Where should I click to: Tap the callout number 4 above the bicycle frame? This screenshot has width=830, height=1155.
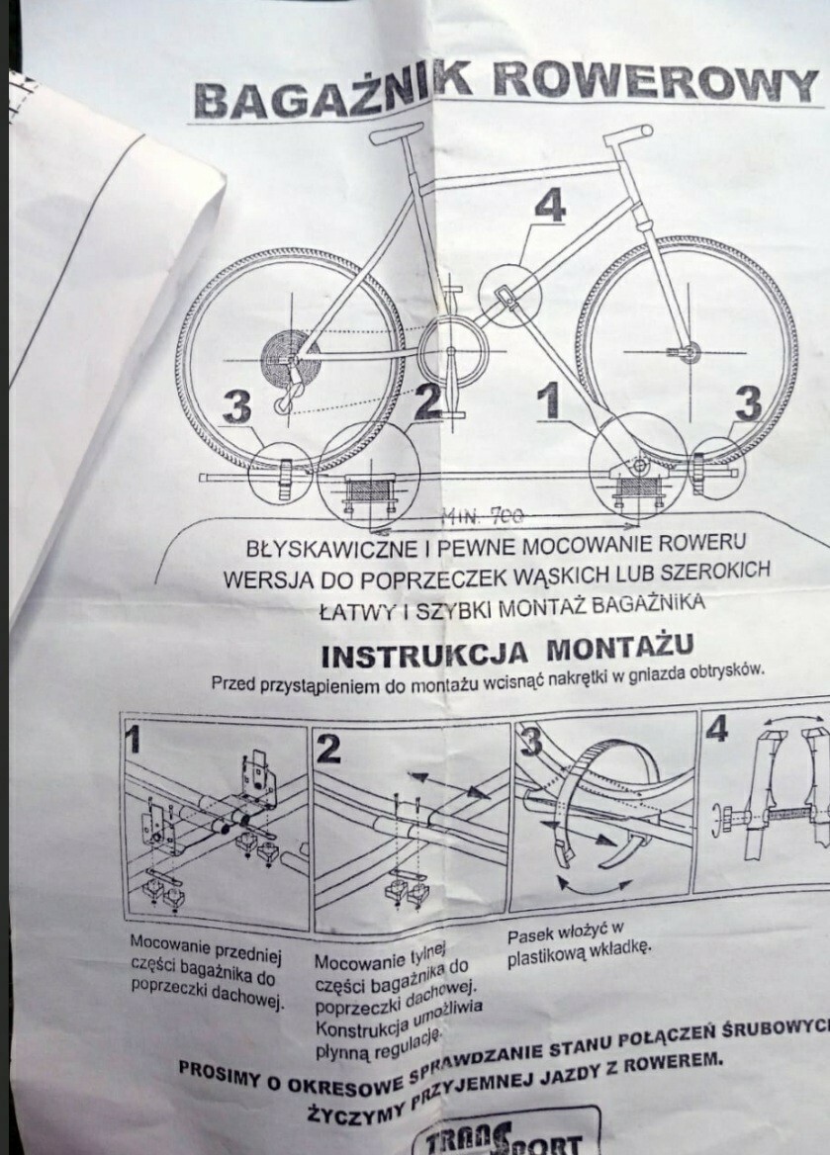tap(550, 206)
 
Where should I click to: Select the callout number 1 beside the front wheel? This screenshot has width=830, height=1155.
tap(550, 403)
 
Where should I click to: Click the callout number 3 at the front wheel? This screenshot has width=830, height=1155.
tap(749, 403)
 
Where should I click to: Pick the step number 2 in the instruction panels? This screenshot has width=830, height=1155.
tap(329, 749)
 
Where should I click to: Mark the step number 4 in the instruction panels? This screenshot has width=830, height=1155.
tap(718, 729)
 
